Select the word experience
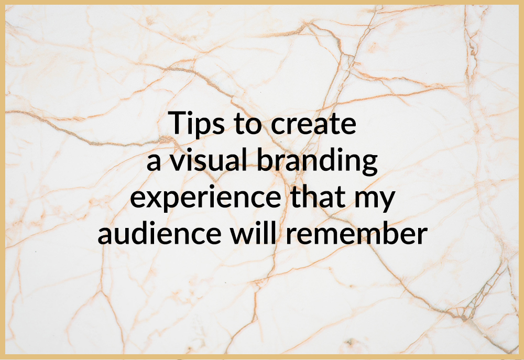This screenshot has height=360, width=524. coord(200,200)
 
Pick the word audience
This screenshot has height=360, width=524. coord(160,234)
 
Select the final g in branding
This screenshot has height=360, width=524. coord(370,166)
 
